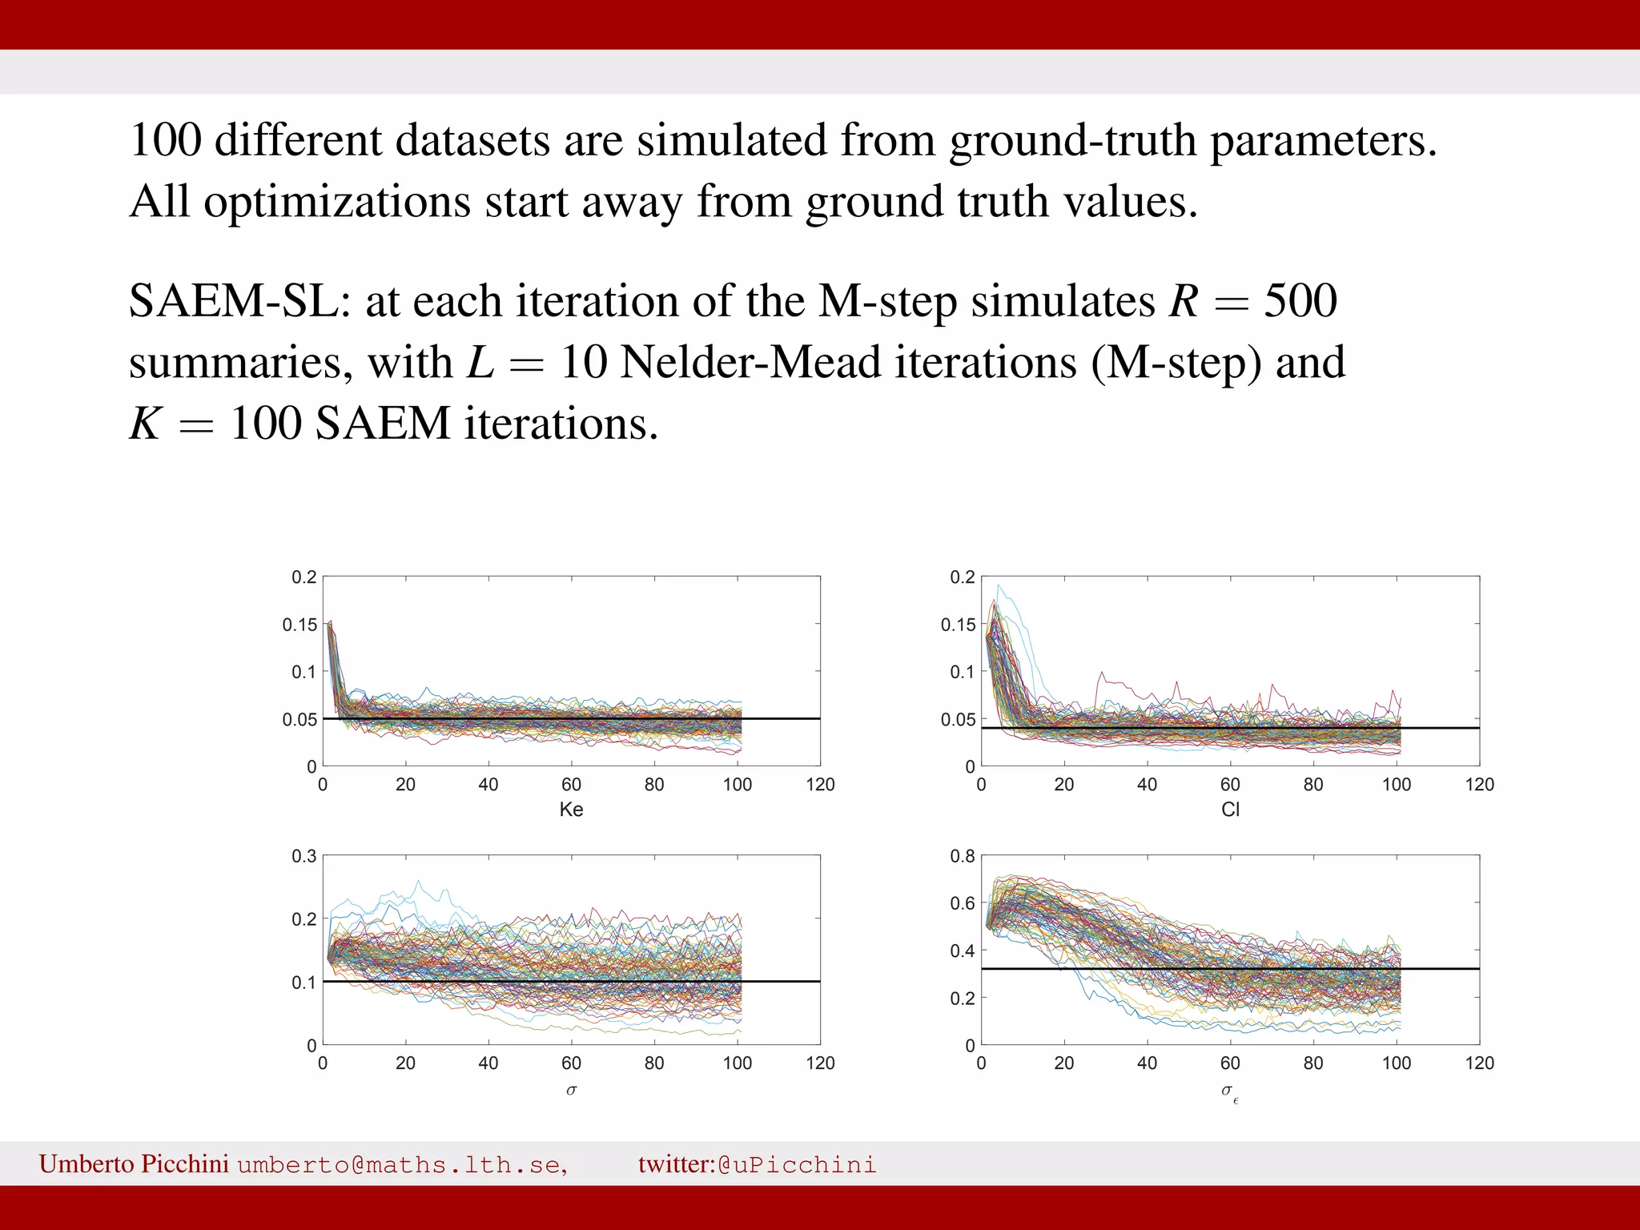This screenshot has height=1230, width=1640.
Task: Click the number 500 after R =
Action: coord(1300,302)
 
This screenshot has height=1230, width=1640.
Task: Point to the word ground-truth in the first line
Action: coord(1072,141)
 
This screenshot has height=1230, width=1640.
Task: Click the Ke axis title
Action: coord(571,810)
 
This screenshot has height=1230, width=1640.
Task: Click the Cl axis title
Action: coord(1230,810)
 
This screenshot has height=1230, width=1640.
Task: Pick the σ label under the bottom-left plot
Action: coord(571,1090)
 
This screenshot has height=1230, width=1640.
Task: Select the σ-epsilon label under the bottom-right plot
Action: coord(1230,1092)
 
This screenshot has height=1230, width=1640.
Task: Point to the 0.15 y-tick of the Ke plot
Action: coord(299,625)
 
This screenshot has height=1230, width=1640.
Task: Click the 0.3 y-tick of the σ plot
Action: coord(303,856)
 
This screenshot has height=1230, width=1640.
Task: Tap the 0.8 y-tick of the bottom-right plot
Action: coord(962,856)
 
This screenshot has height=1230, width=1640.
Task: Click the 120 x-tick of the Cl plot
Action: coord(1479,785)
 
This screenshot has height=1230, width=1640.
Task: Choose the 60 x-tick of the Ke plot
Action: coord(571,785)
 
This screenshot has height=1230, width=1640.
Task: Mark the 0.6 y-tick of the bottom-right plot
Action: coord(962,903)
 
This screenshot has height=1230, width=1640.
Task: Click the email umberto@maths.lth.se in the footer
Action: coord(402,1164)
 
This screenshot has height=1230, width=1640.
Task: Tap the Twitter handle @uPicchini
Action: coord(797,1164)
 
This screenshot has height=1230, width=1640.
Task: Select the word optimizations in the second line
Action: coord(337,202)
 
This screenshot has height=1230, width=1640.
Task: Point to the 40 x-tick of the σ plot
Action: coord(488,1063)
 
